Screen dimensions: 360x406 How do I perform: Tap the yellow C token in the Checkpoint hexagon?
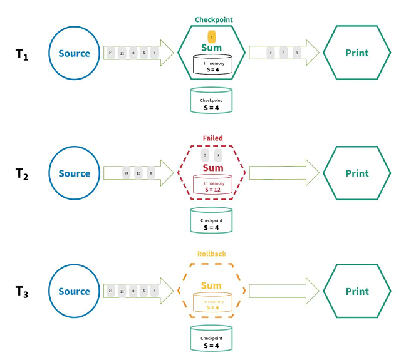[x=212, y=36]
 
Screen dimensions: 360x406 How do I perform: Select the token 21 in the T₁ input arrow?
[x=111, y=53]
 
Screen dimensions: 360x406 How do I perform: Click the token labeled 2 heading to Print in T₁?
[x=270, y=53]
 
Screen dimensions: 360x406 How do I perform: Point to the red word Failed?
[x=212, y=138]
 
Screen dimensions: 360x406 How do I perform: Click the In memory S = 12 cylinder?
[x=212, y=185]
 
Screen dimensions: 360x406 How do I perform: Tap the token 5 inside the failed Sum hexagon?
[x=205, y=155]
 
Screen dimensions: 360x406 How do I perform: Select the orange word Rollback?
[x=211, y=254]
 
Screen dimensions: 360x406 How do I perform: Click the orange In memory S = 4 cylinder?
[x=212, y=304]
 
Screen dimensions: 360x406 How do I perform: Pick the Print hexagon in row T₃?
[x=357, y=291]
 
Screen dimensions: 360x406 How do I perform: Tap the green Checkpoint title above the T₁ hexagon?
[x=213, y=19]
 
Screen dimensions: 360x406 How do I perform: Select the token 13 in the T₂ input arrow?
[x=138, y=173]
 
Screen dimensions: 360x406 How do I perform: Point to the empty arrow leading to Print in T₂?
[x=282, y=173]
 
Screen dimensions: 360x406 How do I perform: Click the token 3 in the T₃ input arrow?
[x=154, y=291]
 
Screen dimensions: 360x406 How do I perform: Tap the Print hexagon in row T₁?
[x=357, y=53]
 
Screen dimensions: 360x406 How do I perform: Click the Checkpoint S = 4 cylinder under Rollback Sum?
[x=211, y=339]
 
